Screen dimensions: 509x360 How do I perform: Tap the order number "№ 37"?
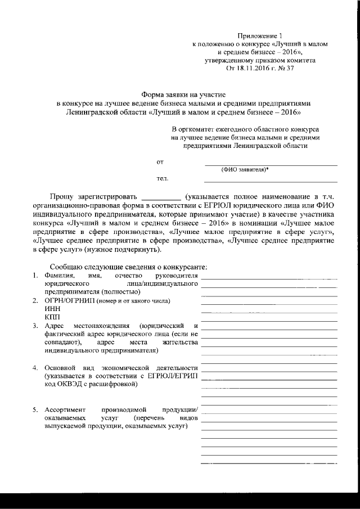click(285, 68)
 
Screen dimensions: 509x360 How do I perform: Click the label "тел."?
click(162, 178)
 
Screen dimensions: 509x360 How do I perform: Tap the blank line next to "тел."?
click(270, 181)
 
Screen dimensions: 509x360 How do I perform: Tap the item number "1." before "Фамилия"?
click(35, 276)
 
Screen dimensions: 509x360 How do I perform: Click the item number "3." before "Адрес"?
click(35, 326)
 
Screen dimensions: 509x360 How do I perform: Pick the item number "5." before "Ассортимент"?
click(35, 410)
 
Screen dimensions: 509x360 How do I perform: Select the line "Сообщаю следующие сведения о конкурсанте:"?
click(129, 266)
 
